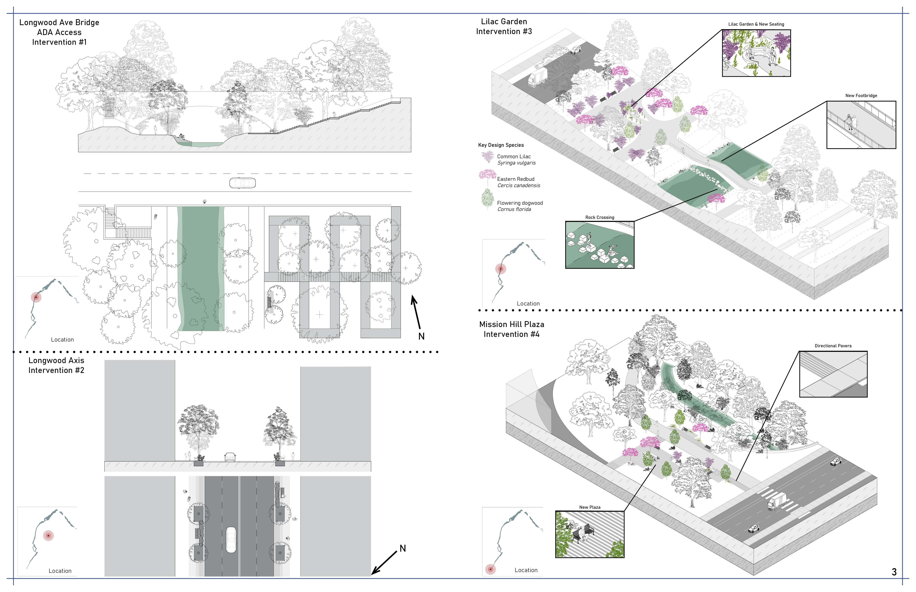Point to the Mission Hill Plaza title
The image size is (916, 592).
tap(512, 325)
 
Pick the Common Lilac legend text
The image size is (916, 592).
tap(514, 156)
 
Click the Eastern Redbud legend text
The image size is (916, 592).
tap(516, 179)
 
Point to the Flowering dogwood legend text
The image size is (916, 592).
tap(520, 203)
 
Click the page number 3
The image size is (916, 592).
tap(894, 572)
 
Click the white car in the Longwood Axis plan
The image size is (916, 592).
tap(231, 539)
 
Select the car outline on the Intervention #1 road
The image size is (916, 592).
tap(242, 183)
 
